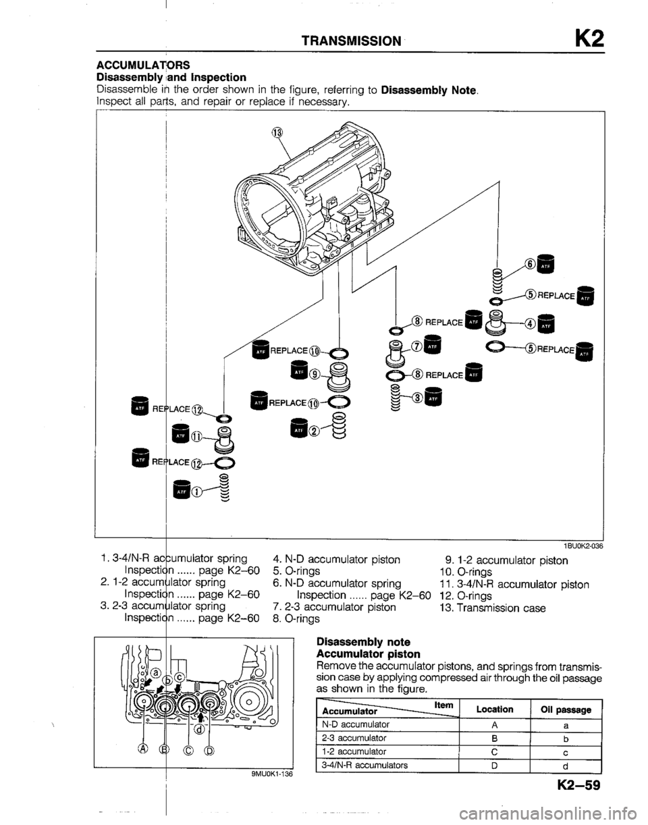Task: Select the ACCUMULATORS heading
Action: [135, 65]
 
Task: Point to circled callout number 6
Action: [534, 265]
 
